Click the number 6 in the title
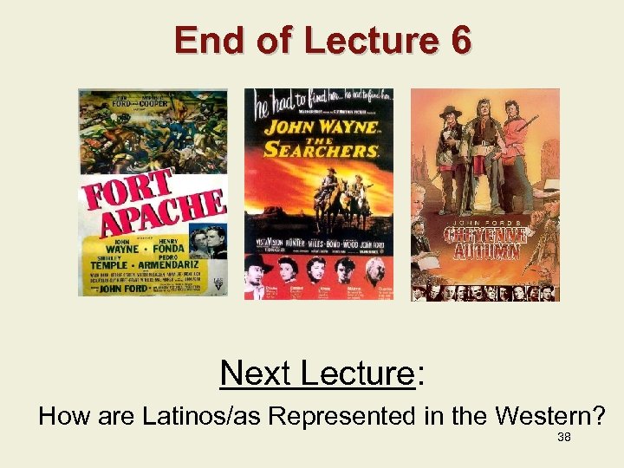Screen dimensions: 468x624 coord(459,41)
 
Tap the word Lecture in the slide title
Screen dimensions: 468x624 coord(358,41)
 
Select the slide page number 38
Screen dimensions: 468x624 coord(563,438)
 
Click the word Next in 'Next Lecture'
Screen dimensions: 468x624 coord(257,373)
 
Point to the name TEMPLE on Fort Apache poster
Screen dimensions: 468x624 coord(105,262)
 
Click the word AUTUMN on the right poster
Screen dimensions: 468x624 coord(484,251)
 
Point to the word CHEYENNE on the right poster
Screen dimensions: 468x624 coord(484,235)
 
